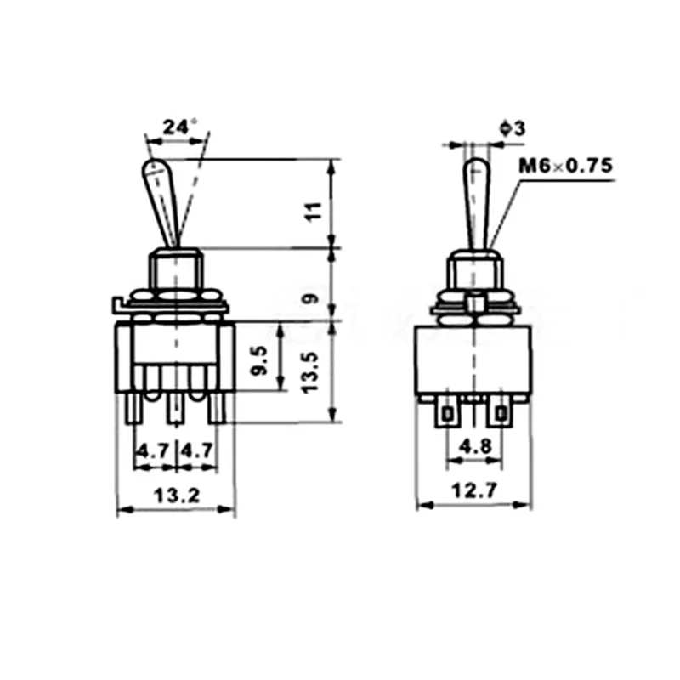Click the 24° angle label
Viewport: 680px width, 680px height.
(x=179, y=127)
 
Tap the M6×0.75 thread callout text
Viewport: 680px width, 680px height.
(x=566, y=166)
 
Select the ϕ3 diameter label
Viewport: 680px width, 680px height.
(x=513, y=128)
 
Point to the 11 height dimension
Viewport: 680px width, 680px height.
(x=314, y=212)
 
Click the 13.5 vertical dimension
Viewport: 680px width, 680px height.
(x=310, y=372)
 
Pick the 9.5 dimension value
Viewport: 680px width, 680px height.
(x=260, y=360)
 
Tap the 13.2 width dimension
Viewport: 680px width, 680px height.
(x=177, y=496)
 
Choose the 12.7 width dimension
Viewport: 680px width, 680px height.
(x=474, y=491)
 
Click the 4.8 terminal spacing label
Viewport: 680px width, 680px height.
(x=476, y=445)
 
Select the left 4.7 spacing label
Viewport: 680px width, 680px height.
(x=153, y=451)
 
